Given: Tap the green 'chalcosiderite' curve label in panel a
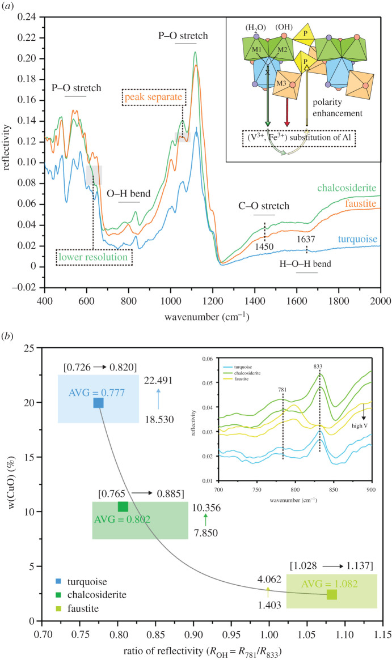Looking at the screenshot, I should (x=348, y=188).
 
